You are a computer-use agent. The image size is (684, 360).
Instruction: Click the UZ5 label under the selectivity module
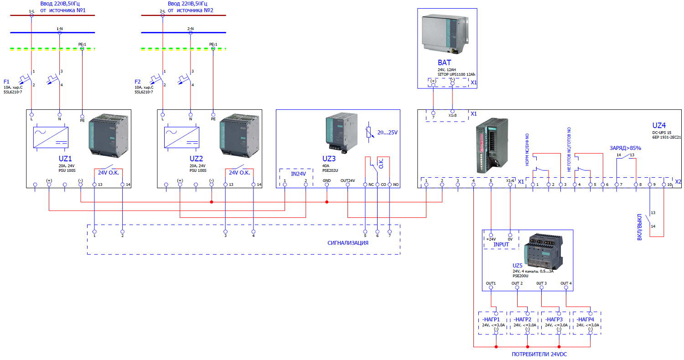click(518, 265)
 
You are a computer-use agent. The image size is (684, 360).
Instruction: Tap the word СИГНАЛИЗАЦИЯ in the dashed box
click(348, 243)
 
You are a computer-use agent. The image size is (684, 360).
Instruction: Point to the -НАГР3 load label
click(553, 319)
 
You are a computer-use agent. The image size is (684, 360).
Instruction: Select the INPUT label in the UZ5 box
click(501, 245)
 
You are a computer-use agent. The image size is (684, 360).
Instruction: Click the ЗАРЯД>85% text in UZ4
click(625, 148)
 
